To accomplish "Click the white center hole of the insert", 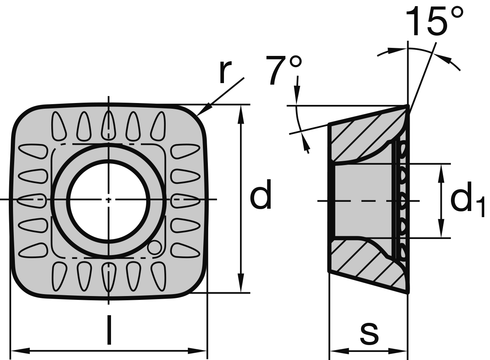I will click(109, 200).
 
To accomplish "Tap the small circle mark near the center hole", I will click(155, 248).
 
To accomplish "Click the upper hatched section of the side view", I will click(360, 138).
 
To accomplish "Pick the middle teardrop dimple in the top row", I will click(109, 126).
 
